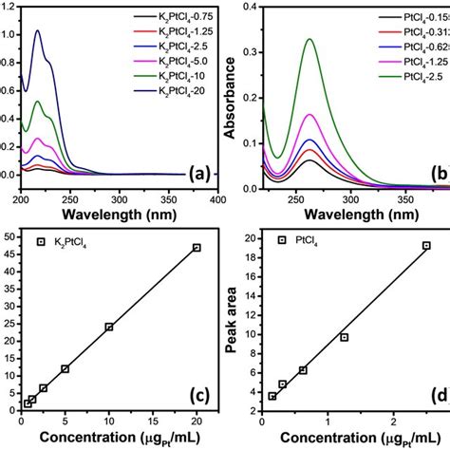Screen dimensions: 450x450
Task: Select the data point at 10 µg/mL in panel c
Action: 109,327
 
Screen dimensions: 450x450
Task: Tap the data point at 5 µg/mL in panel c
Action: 65,368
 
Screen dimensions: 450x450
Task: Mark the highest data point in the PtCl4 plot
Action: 426,245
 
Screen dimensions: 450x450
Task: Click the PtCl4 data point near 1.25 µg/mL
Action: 345,337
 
